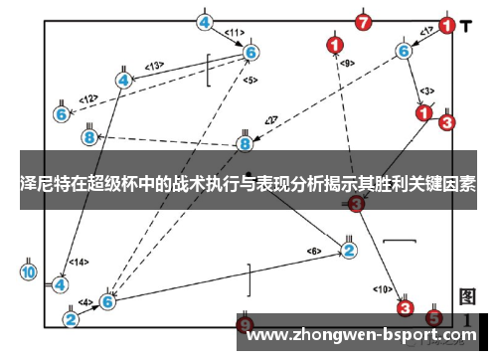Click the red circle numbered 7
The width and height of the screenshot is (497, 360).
(x=364, y=21)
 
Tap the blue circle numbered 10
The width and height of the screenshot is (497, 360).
(x=29, y=271)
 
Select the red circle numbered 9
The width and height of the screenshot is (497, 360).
(x=246, y=325)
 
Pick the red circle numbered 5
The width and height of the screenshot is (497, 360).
(x=433, y=318)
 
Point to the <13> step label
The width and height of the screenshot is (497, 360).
(x=155, y=66)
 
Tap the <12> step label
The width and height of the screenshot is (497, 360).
(x=88, y=98)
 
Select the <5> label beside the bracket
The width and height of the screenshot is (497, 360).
(x=249, y=80)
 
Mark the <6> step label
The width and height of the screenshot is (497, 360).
(x=313, y=250)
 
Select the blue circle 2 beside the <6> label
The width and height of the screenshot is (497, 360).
(x=349, y=250)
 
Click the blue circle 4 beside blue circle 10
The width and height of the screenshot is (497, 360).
(x=61, y=284)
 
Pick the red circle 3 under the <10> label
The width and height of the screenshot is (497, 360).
(x=406, y=309)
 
